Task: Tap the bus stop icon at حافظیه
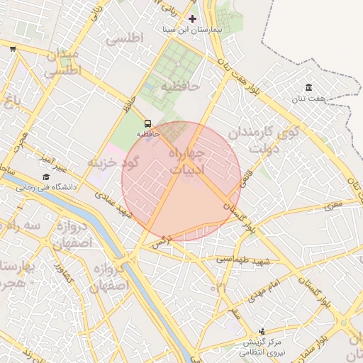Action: click(x=147, y=122)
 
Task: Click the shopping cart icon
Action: click(x=13, y=49)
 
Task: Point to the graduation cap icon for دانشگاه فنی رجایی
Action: click(x=46, y=177)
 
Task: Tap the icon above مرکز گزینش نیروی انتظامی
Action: click(x=263, y=330)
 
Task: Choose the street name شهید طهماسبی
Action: click(x=242, y=261)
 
